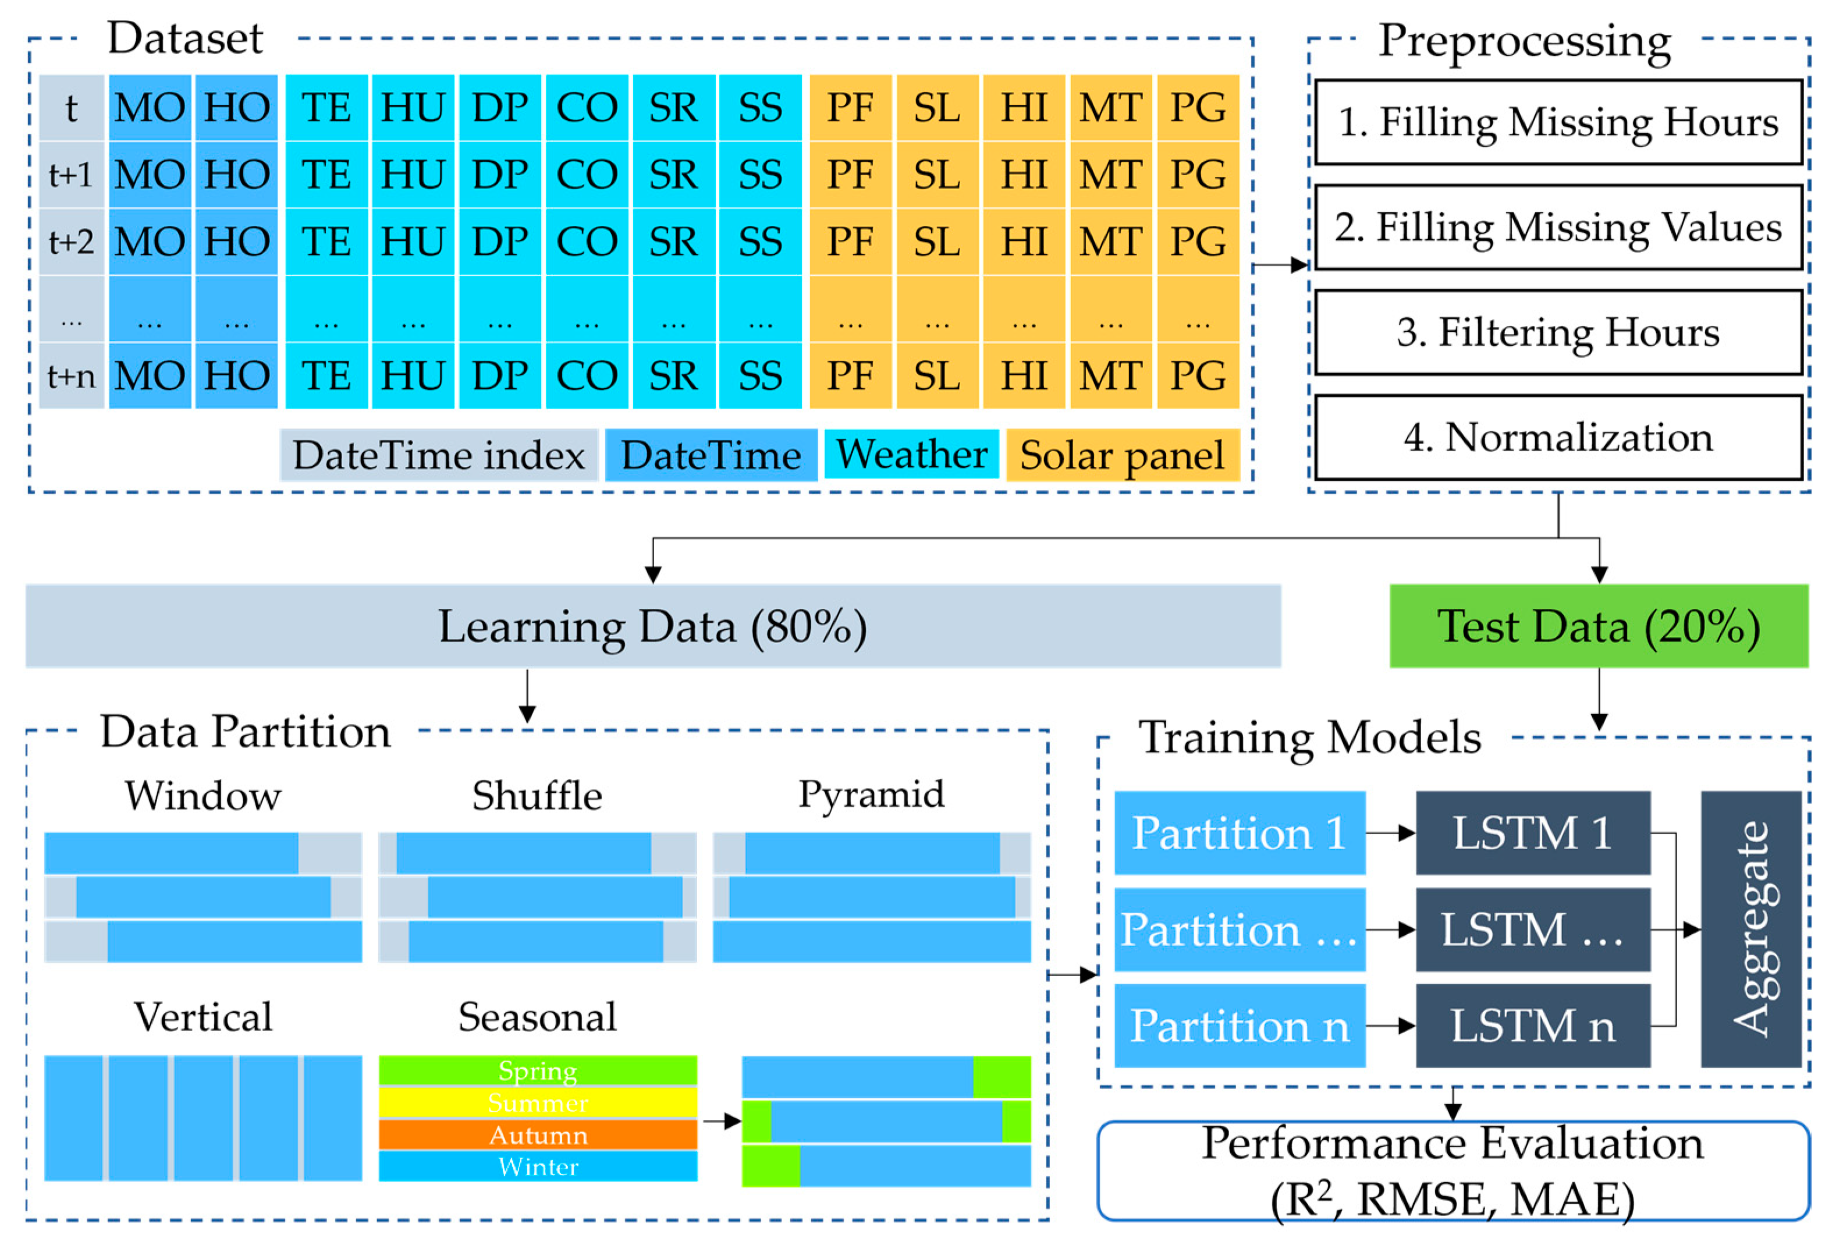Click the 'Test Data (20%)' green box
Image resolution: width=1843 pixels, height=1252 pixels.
coord(1598,626)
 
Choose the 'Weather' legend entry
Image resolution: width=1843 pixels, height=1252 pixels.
coord(911,455)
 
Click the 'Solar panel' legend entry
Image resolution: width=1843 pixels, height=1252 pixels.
coord(1121,455)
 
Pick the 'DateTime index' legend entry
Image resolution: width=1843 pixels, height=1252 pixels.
coord(439,455)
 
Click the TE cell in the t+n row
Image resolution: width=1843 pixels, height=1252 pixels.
coord(326,375)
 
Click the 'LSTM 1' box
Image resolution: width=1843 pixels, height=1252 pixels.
coord(1532,832)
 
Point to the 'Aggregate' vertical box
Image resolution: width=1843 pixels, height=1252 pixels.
coord(1751,928)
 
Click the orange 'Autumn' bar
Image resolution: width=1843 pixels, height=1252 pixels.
coord(538,1134)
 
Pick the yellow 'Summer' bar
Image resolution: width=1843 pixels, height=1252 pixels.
coord(538,1102)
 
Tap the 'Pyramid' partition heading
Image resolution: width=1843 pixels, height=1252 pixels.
coord(871,794)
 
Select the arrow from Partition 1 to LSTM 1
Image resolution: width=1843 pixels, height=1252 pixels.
coord(1390,832)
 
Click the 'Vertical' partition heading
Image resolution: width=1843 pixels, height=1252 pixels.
coord(203,1016)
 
